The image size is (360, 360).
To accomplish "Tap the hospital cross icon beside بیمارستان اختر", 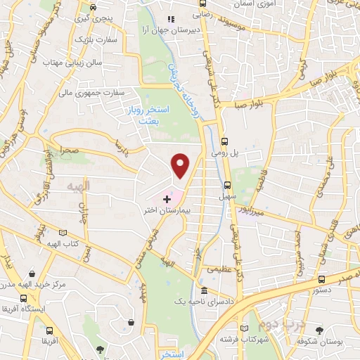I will click(166, 199).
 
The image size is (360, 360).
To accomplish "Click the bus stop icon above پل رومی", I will click(224, 139).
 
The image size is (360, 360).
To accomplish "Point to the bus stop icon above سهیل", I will click(226, 186).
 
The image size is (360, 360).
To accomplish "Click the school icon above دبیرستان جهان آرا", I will click(169, 20).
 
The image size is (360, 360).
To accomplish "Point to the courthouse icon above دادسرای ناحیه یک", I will click(204, 291).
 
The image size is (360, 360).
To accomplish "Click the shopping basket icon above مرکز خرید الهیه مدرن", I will click(32, 274).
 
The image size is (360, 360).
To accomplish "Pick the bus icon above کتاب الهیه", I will click(63, 232).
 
